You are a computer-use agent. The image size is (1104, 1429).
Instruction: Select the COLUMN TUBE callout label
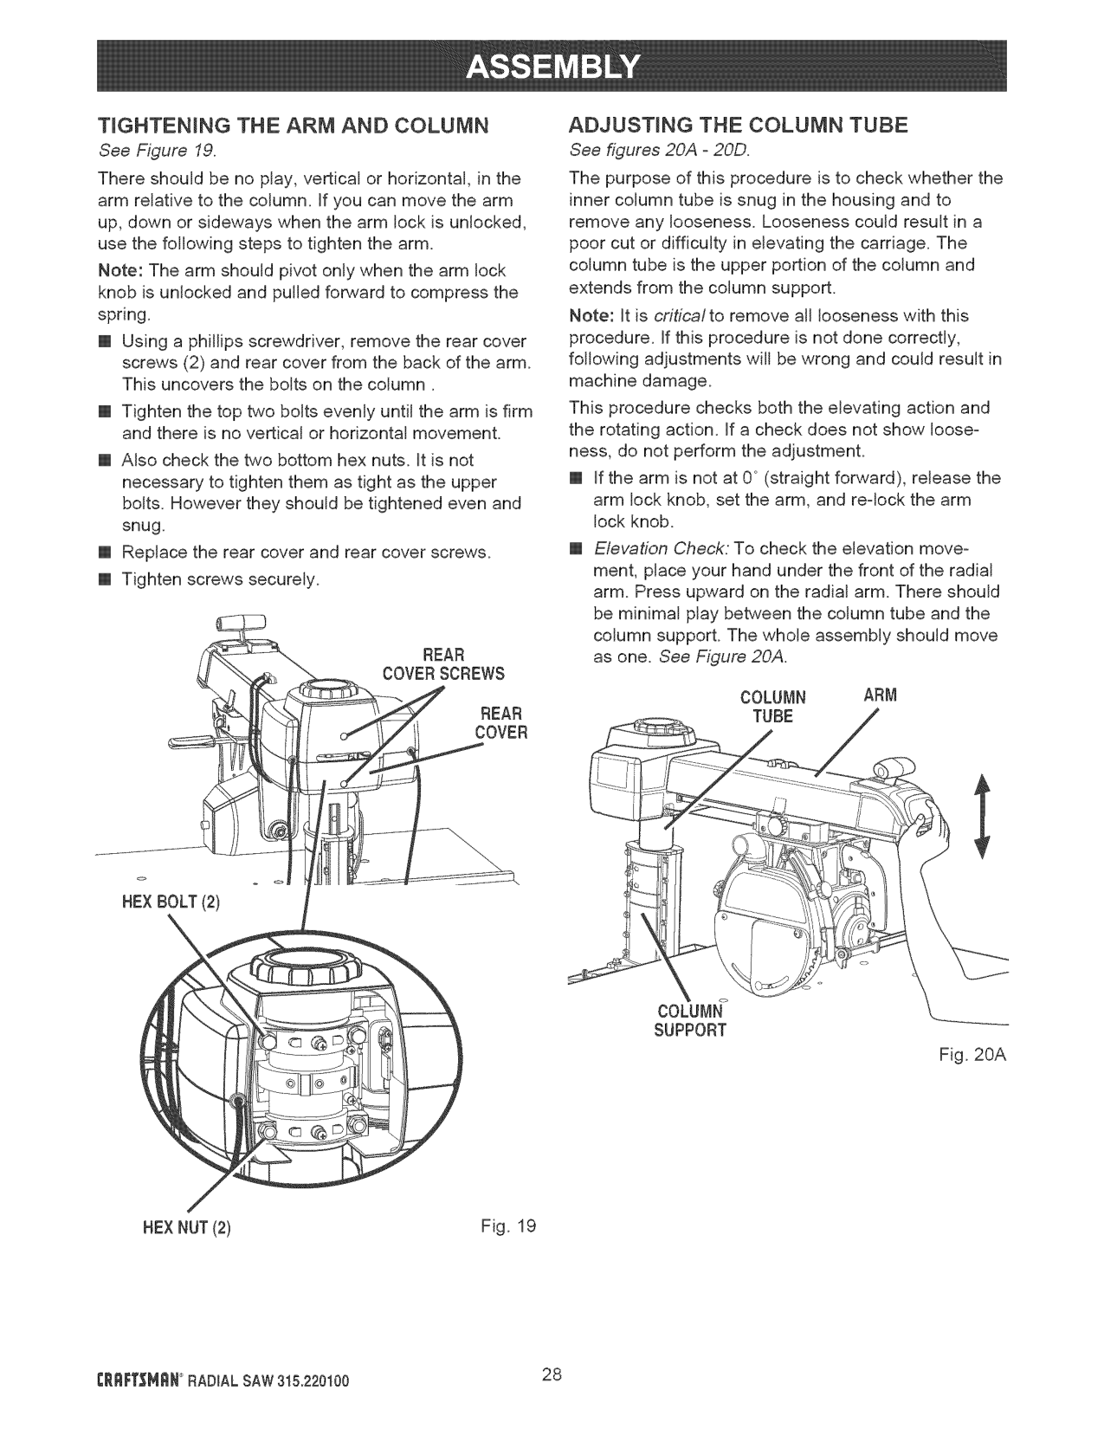point(773,707)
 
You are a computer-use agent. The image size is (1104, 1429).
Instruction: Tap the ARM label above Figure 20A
point(881,695)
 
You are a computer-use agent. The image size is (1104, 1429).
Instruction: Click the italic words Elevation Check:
point(662,549)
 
